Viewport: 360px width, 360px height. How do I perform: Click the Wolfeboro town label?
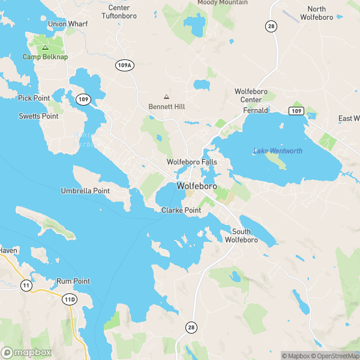197,187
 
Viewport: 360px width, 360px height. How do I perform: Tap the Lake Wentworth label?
278,151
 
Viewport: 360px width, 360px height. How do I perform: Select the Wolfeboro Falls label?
191,163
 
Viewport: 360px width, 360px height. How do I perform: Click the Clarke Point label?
181,211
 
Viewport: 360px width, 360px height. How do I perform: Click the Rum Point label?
73,281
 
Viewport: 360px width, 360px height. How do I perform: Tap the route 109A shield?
124,65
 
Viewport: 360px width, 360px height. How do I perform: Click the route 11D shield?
70,298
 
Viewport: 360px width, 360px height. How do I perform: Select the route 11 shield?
26,286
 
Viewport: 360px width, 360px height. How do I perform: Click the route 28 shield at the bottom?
191,326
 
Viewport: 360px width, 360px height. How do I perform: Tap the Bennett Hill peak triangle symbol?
166,97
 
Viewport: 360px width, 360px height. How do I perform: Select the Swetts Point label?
38,116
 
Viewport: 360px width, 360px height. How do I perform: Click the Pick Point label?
34,98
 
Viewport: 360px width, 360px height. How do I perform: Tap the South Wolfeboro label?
241,236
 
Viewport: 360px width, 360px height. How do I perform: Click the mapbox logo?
26,352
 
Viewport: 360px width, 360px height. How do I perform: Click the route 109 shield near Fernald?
295,111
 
